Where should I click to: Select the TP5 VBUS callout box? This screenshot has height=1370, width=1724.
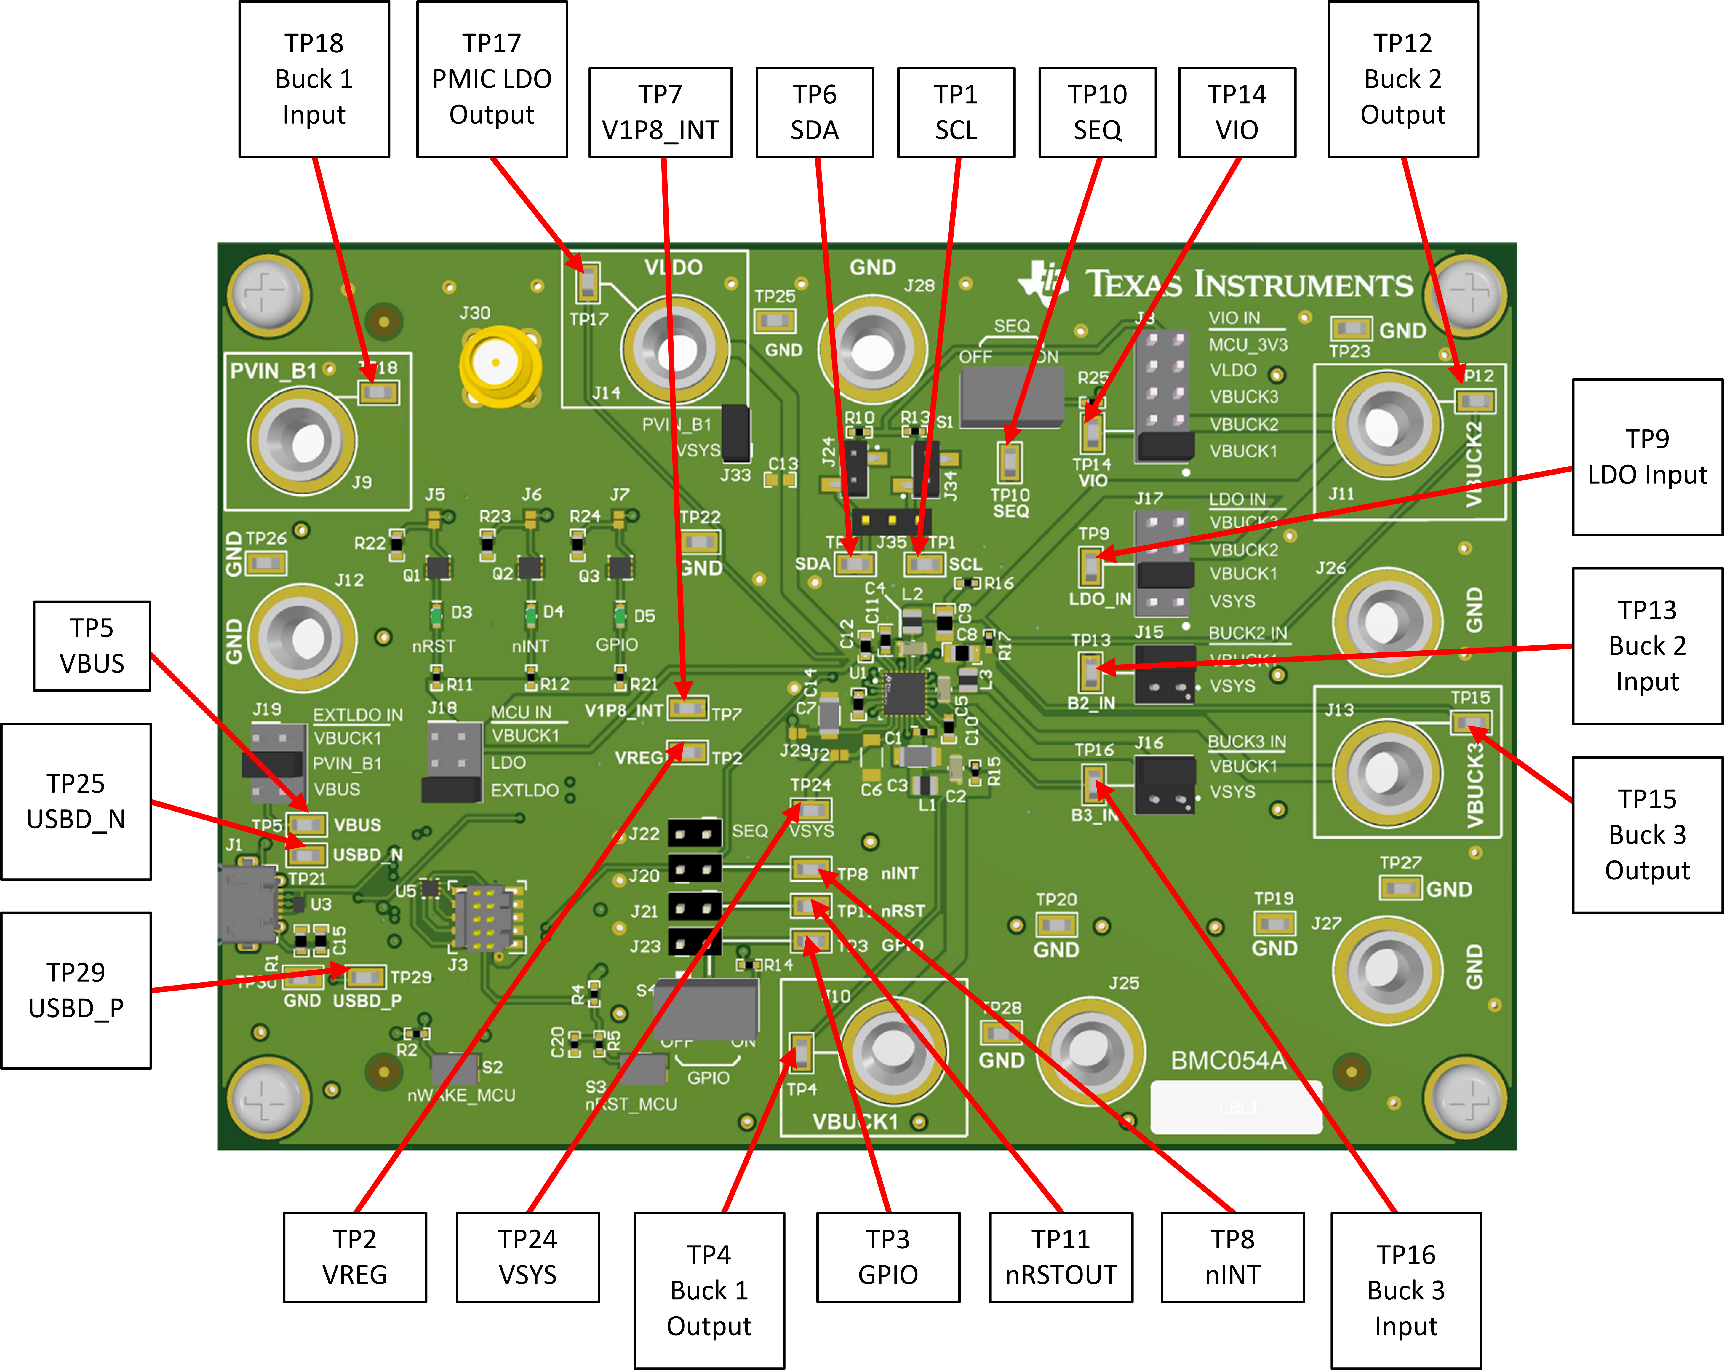pos(92,645)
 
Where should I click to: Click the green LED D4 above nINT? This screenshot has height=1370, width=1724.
pos(530,616)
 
